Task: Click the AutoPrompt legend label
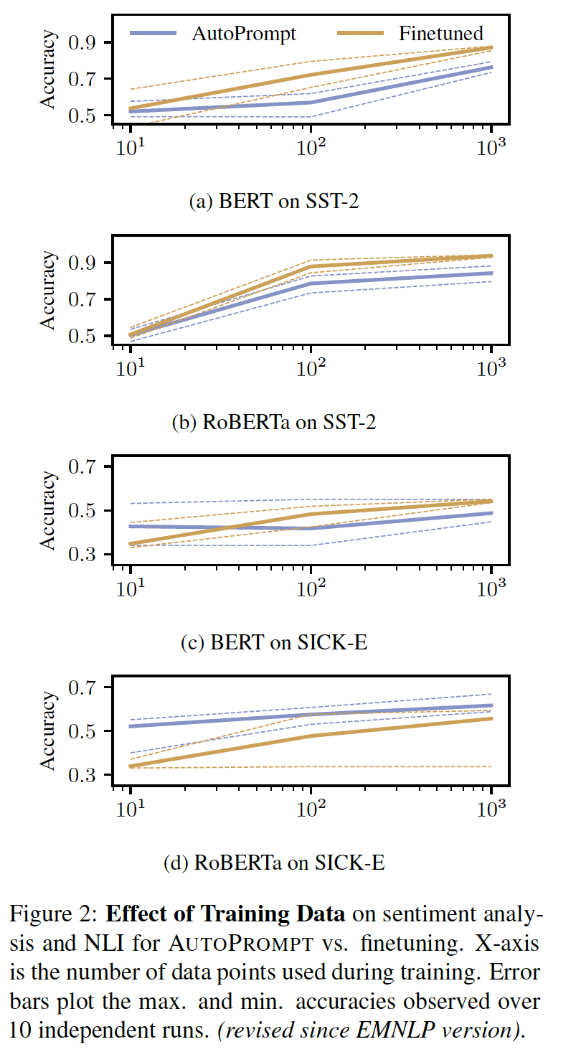(x=244, y=33)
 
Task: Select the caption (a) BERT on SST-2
(x=273, y=202)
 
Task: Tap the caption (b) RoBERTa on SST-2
(x=274, y=422)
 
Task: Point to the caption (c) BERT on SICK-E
(x=274, y=642)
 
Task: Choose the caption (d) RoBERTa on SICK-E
(x=274, y=863)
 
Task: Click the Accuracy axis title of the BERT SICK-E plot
(x=48, y=510)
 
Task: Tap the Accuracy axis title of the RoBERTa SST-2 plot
(x=48, y=290)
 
